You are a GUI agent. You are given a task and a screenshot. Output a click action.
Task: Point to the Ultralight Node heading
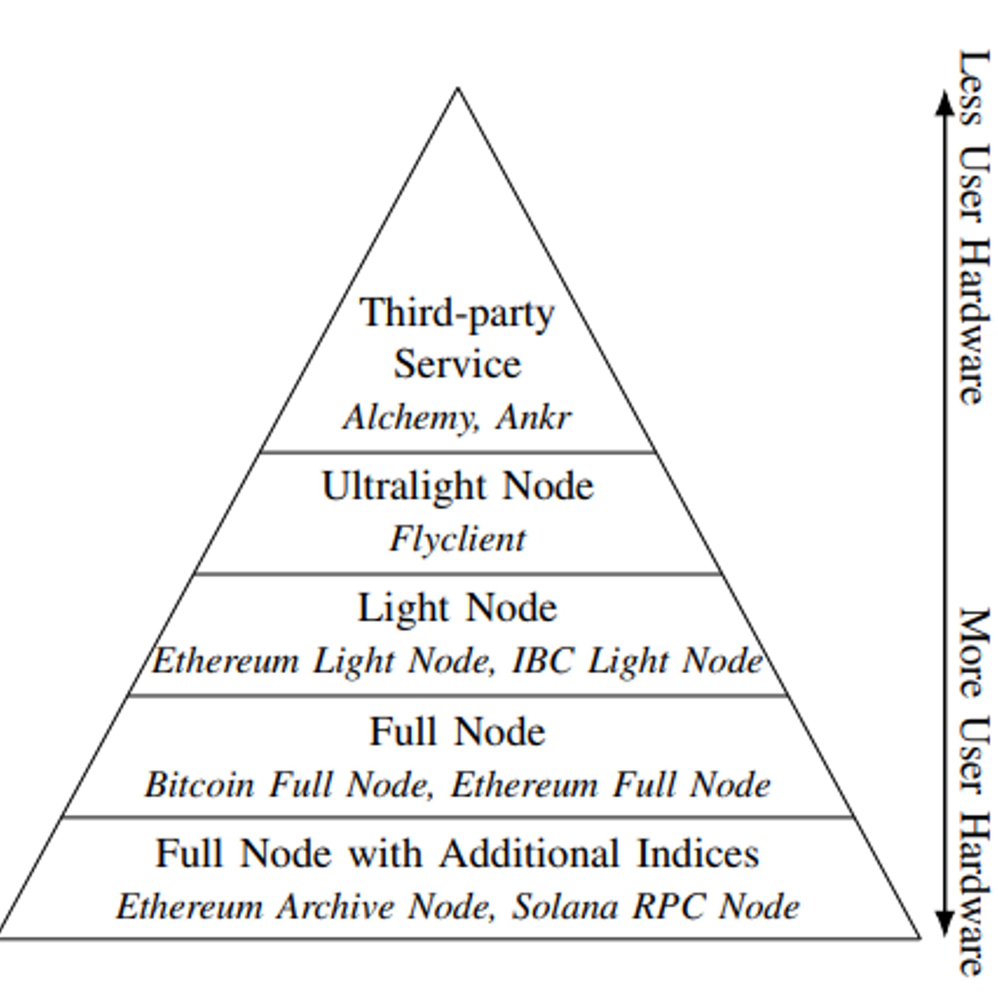[458, 487]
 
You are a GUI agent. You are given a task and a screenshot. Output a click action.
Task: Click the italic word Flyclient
[458, 540]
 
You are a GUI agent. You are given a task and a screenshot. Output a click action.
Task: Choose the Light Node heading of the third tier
[458, 608]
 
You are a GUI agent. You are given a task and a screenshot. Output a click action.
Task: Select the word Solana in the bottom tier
[565, 907]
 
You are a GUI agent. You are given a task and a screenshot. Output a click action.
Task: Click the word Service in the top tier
[458, 364]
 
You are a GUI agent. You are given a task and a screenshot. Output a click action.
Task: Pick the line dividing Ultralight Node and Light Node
[458, 574]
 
